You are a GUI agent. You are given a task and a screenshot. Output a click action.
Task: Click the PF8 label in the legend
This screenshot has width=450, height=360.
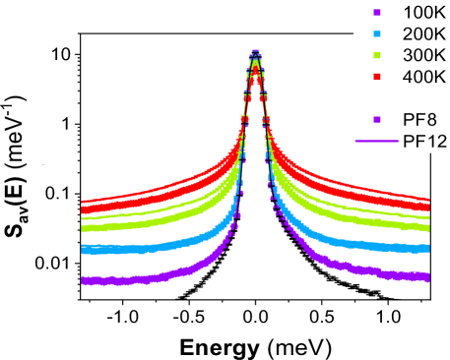(420, 119)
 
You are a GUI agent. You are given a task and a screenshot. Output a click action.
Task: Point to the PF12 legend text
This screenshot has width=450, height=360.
(425, 141)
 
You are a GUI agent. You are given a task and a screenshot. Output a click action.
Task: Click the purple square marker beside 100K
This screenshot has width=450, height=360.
(375, 14)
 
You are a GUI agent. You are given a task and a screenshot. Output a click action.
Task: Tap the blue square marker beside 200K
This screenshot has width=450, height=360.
(375, 34)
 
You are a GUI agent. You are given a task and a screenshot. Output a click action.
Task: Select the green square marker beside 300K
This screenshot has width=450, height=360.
(375, 55)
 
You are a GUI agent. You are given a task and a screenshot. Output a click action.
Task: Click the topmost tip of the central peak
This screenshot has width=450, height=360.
(256, 49)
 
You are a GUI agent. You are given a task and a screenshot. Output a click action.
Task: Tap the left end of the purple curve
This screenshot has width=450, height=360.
(84, 280)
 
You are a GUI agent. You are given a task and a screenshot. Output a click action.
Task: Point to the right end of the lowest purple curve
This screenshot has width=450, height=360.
(427, 277)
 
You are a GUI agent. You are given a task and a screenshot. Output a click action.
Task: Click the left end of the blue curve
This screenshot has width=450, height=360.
(84, 250)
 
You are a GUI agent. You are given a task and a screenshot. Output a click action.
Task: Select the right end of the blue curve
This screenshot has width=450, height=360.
(427, 248)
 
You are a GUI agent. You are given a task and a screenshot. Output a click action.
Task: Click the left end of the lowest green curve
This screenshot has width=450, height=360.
(84, 228)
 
